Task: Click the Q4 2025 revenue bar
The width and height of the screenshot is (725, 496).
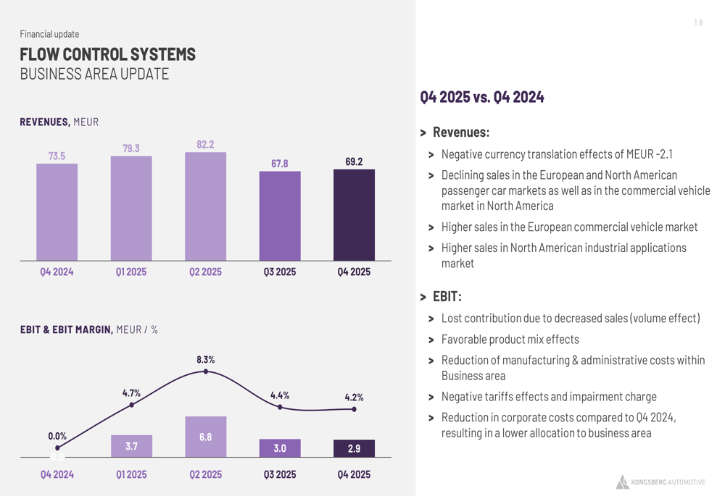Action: (x=355, y=215)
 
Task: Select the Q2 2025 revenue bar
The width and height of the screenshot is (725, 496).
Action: (x=206, y=206)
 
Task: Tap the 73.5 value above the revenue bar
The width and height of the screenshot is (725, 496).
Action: (x=57, y=156)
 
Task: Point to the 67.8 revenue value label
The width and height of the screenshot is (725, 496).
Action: (x=280, y=164)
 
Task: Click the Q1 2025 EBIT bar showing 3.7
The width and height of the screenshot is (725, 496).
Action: (x=131, y=446)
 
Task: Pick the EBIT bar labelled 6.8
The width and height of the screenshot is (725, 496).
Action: (x=206, y=437)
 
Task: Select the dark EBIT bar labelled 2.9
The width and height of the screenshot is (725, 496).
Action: (x=355, y=448)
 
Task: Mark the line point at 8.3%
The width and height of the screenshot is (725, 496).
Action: (x=206, y=371)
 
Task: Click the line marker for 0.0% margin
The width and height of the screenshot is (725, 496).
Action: (x=57, y=448)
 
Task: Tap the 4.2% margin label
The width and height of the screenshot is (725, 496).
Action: (x=355, y=398)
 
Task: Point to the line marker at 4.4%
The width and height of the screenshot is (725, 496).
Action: (x=280, y=407)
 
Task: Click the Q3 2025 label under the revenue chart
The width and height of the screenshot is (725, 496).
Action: (x=280, y=272)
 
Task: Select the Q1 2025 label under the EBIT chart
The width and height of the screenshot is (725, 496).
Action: (x=131, y=474)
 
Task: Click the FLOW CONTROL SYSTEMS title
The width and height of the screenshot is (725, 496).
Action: (x=108, y=54)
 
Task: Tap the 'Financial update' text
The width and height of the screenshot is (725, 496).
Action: (x=49, y=34)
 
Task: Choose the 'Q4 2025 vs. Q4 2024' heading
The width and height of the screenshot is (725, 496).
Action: (x=482, y=98)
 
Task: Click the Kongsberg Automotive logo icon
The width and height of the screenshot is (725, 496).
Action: (x=622, y=482)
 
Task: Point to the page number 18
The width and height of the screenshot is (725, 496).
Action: (x=698, y=22)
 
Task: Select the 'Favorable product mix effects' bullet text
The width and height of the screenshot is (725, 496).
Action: (x=510, y=340)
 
